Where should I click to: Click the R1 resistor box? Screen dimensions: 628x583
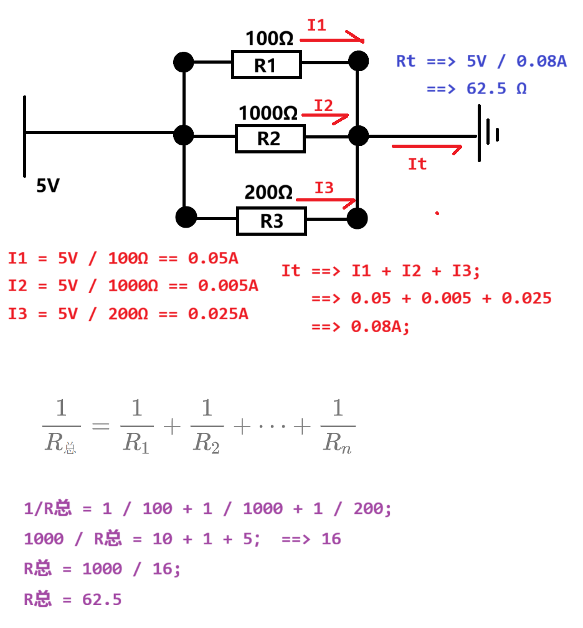pos(266,65)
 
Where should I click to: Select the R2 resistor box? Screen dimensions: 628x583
pos(270,138)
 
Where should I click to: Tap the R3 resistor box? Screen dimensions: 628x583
pos(271,221)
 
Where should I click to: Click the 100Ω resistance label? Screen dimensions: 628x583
pos(269,39)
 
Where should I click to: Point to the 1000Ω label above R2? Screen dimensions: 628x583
pos(268,114)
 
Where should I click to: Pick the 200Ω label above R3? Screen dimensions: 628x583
pos(268,193)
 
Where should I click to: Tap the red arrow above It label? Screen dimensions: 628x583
pos(427,148)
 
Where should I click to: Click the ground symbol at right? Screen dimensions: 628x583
pos(486,133)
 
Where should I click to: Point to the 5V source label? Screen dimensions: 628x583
pos(47,186)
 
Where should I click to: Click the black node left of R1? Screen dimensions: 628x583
pos(183,62)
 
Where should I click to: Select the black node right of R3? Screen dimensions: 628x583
pos(358,218)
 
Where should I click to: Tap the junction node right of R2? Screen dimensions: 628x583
pos(358,135)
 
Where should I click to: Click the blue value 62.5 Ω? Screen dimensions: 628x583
pos(496,89)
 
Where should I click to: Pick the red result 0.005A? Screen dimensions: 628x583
pos(228,286)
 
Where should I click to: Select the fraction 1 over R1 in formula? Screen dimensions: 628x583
pos(136,427)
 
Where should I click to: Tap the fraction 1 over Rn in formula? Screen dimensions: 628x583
pos(338,427)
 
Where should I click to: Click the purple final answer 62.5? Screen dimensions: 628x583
pos(102,600)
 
